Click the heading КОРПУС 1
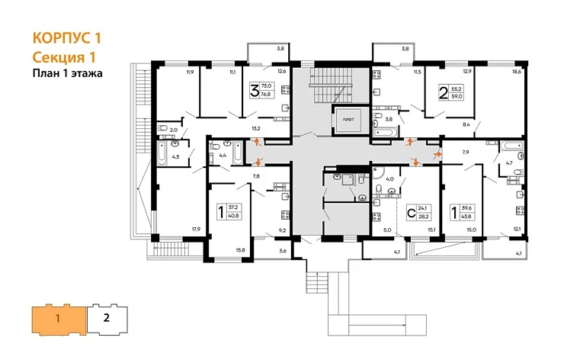66,37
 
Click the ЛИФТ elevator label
348,120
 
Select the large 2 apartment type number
443,94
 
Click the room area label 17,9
196,229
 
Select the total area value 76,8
267,95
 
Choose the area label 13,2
257,128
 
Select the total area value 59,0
457,96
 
